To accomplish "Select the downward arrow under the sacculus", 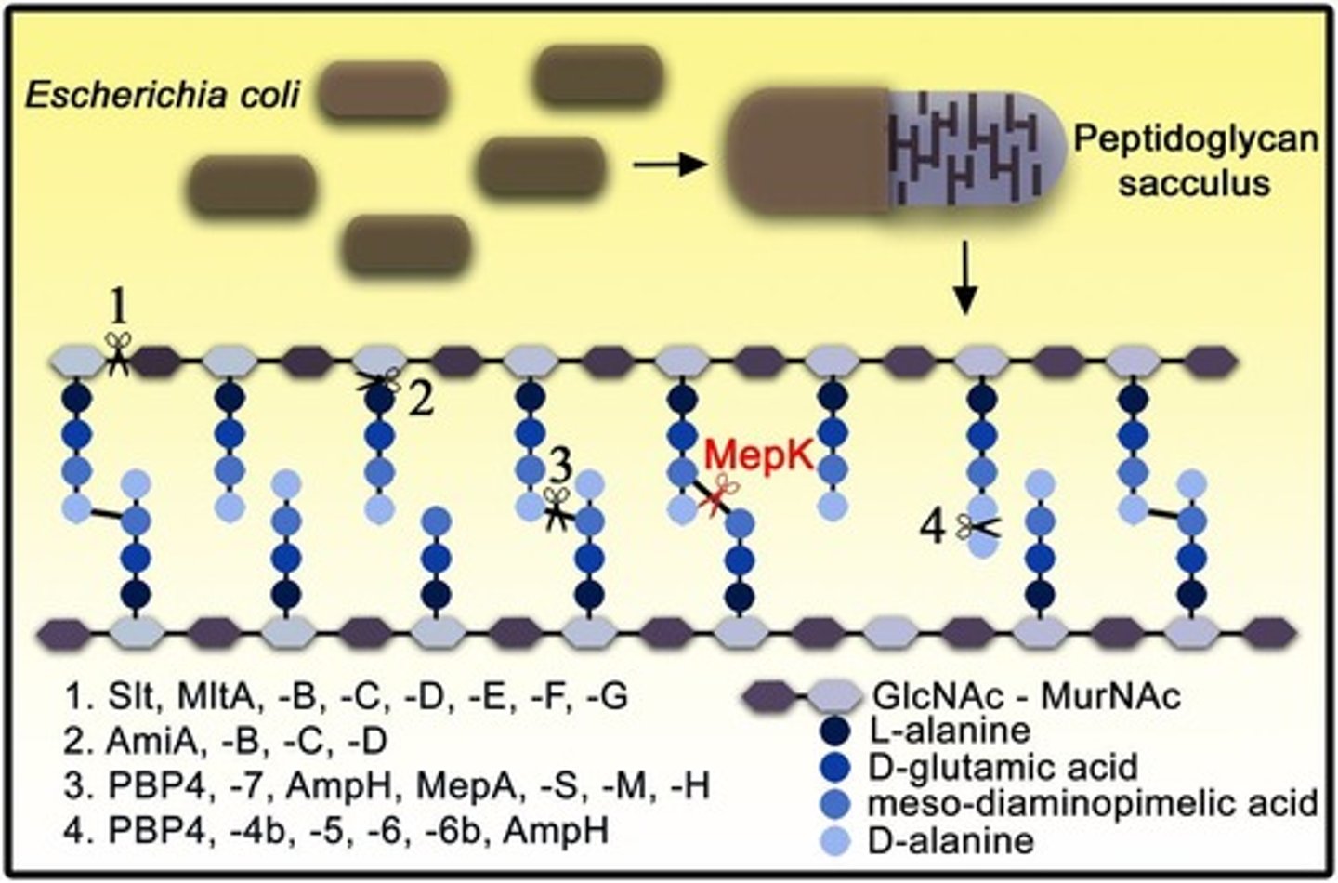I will [966, 279].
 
